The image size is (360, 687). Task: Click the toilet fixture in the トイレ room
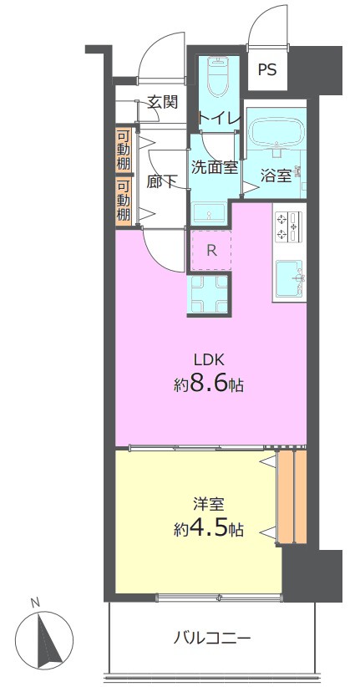pyautogui.click(x=217, y=77)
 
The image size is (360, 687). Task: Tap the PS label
pyautogui.click(x=267, y=70)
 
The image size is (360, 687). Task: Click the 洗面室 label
pyautogui.click(x=215, y=167)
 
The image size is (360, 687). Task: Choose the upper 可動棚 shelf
pyautogui.click(x=124, y=150)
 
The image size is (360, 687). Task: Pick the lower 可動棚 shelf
pyautogui.click(x=124, y=201)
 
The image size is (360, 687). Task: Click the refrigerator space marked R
pyautogui.click(x=211, y=250)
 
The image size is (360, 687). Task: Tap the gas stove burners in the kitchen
pyautogui.click(x=287, y=226)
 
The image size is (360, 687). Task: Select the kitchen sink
pyautogui.click(x=289, y=277)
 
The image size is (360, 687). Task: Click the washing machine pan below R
pyautogui.click(x=209, y=293)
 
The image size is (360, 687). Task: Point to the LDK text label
pyautogui.click(x=210, y=360)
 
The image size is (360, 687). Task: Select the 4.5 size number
pyautogui.click(x=209, y=529)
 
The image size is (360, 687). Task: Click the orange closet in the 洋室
pyautogui.click(x=292, y=497)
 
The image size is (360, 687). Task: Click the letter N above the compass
pyautogui.click(x=35, y=603)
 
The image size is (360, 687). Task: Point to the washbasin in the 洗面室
pyautogui.click(x=209, y=213)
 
